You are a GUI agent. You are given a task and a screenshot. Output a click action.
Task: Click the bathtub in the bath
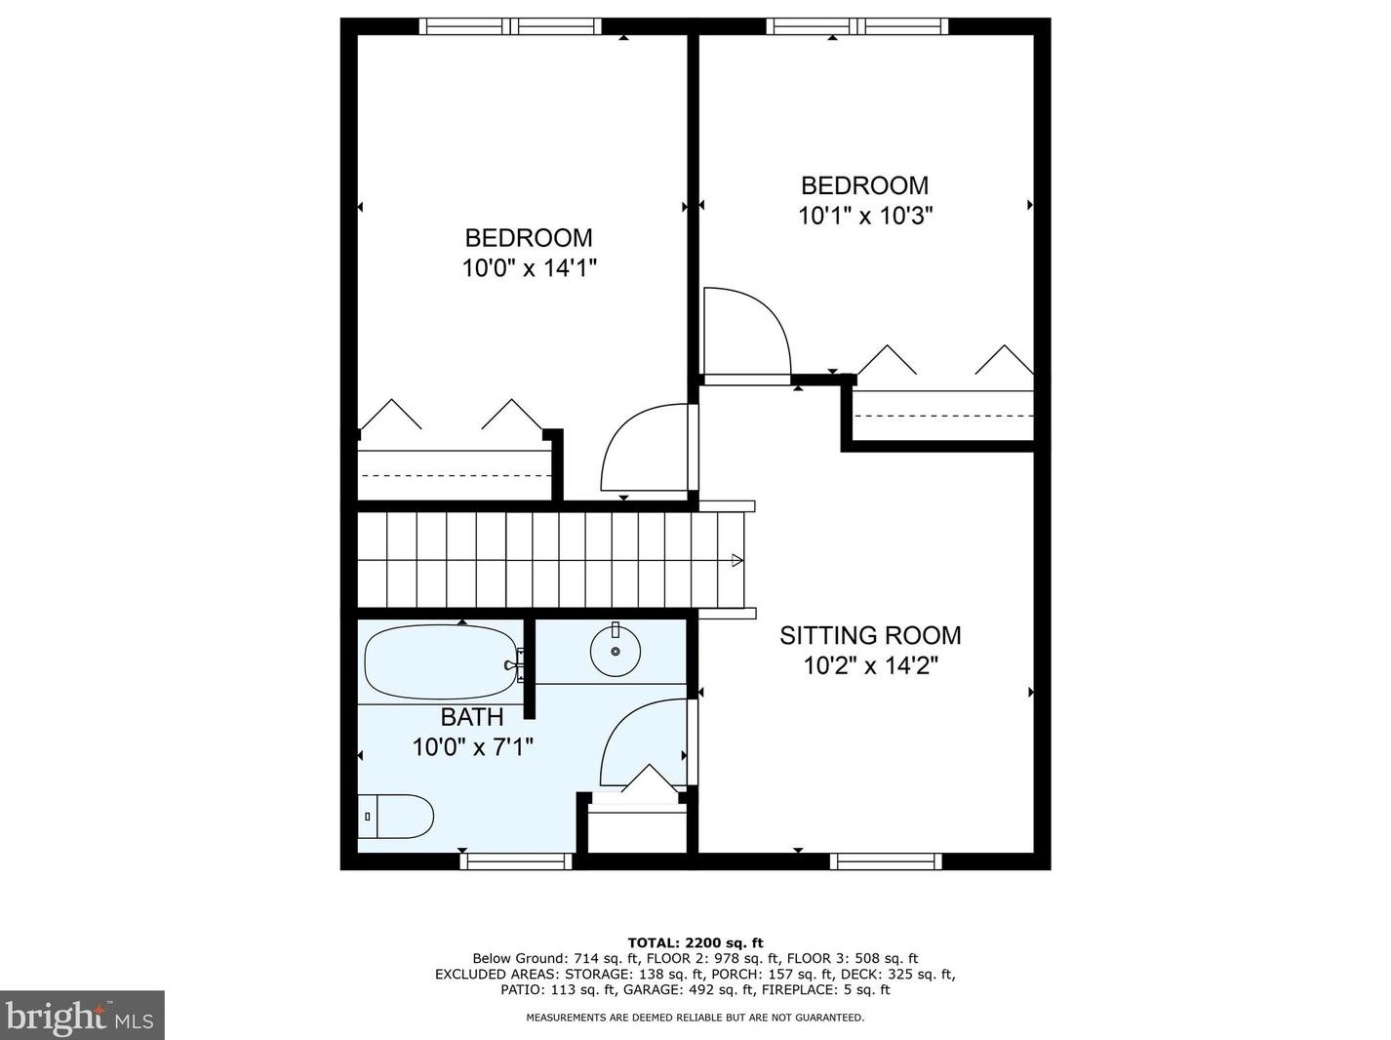[440, 662]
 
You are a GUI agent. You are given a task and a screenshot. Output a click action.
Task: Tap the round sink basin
[616, 651]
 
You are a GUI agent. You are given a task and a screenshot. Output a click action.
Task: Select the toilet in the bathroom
[395, 817]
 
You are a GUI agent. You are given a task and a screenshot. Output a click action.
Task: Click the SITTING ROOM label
[870, 635]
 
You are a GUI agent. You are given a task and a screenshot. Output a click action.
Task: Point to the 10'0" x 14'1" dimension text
[529, 267]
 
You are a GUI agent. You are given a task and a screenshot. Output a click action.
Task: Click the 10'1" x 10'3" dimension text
[865, 216]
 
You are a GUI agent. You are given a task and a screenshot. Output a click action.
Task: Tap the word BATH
[472, 717]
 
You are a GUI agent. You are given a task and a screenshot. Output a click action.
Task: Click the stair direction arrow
[736, 560]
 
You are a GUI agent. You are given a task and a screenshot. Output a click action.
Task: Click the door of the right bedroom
[746, 332]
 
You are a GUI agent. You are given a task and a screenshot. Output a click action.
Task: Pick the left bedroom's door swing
[644, 449]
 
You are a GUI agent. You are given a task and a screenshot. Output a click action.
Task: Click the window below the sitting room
[886, 861]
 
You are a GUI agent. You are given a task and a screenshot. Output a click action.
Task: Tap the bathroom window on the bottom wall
[516, 861]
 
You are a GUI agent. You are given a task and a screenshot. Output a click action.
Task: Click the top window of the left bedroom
[510, 26]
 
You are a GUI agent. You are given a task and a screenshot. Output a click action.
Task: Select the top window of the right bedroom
[857, 26]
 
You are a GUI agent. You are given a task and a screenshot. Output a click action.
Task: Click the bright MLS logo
[82, 1016]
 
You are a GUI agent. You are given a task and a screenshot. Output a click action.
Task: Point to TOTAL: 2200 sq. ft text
[695, 942]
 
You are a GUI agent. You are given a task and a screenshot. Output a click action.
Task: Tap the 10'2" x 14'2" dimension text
[870, 666]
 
